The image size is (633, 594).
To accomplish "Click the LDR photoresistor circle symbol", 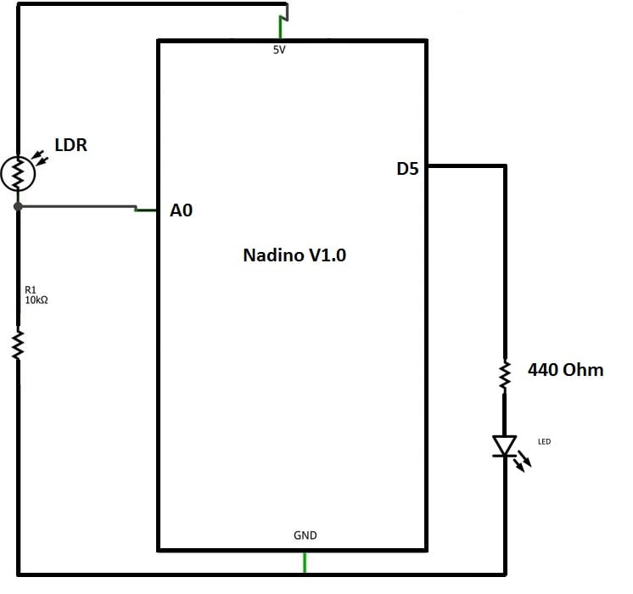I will click(18, 173).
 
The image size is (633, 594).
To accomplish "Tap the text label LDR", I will click(70, 145).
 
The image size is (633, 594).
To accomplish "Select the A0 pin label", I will click(182, 210).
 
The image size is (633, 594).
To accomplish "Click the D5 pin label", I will click(408, 169).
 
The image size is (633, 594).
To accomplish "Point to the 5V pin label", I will click(279, 50).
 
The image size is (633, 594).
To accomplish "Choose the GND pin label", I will click(305, 535).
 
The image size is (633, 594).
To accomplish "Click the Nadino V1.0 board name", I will click(294, 255).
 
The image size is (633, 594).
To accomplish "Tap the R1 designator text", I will click(31, 290).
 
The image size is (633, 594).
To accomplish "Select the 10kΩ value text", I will click(36, 300).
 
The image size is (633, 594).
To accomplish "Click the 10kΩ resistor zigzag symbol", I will click(18, 345).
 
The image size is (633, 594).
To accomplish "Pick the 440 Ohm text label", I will click(565, 370).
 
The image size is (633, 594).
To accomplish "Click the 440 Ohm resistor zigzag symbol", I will click(505, 374).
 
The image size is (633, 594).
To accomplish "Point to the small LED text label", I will click(544, 441).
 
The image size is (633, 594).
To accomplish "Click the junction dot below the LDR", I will click(18, 206).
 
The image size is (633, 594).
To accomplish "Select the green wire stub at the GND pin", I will click(305, 562).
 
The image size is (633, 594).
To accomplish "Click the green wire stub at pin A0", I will click(147, 210).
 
